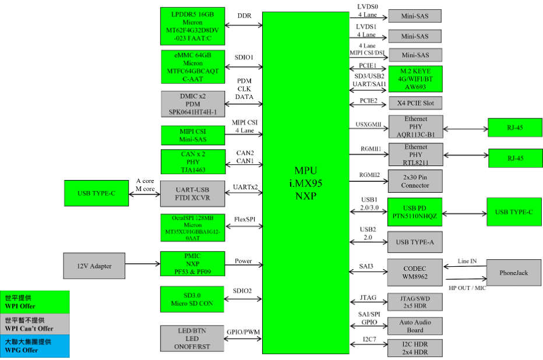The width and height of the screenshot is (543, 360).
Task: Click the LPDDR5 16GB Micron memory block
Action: [x=192, y=26]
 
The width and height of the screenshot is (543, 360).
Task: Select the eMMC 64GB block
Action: [x=193, y=67]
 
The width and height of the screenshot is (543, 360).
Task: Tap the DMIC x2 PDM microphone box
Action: [x=193, y=104]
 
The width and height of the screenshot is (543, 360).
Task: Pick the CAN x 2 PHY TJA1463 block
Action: [x=193, y=162]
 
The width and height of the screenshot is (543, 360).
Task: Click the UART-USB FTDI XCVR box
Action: [x=192, y=193]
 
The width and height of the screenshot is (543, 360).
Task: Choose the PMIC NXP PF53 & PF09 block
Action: [x=192, y=263]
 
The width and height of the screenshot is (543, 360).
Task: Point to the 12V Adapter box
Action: [x=94, y=266]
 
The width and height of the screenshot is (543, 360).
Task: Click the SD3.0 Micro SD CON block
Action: [x=192, y=299]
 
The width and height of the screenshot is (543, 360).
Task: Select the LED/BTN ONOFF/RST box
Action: [x=192, y=338]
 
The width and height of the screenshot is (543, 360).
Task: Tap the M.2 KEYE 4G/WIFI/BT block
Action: [x=415, y=79]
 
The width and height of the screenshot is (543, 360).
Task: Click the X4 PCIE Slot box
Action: [x=415, y=103]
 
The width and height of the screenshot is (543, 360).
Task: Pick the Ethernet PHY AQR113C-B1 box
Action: [x=415, y=126]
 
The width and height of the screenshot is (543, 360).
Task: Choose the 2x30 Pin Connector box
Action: [x=415, y=181]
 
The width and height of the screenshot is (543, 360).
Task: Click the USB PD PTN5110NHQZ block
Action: [x=414, y=212]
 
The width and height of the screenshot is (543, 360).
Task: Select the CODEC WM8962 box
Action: [x=415, y=273]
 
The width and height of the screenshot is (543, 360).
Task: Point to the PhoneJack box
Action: [x=513, y=273]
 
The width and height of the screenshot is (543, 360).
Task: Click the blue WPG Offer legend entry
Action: [x=34, y=346]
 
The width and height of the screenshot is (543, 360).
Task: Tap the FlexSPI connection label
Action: [x=245, y=219]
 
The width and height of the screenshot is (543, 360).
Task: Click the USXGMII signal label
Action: [x=368, y=124]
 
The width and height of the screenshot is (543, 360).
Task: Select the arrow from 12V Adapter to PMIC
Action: [x=143, y=264]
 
